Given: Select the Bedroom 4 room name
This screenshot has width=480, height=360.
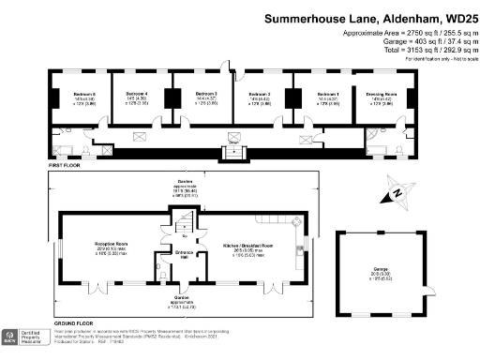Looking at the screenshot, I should (138, 94).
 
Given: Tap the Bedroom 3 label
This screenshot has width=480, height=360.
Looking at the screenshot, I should (206, 94).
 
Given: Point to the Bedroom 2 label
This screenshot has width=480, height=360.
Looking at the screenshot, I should (259, 94).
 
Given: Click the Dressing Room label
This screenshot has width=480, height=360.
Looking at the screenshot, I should (381, 94).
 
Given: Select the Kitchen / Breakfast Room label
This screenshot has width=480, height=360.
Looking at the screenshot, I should (246, 245).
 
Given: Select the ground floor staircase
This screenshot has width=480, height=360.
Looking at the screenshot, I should (185, 223).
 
